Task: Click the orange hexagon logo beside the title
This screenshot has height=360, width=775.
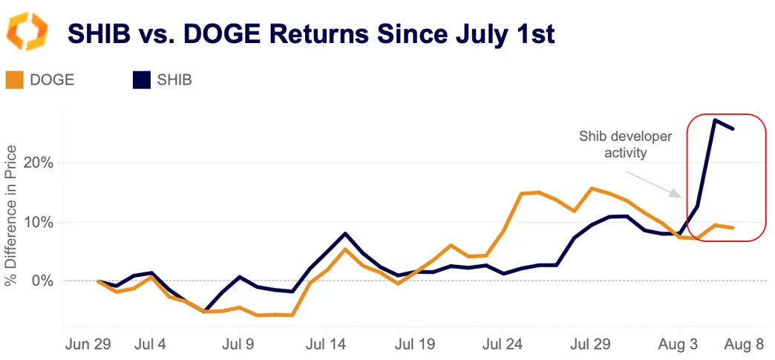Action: [x=27, y=32]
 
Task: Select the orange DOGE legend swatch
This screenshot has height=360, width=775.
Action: [x=14, y=79]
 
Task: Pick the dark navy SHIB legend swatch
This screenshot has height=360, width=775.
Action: [x=142, y=79]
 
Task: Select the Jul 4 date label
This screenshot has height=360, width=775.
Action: [x=151, y=344]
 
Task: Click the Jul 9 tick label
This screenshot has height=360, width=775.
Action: [x=239, y=344]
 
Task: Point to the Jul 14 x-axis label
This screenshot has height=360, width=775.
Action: [x=327, y=344]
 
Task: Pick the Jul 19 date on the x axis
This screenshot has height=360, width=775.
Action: [x=415, y=344]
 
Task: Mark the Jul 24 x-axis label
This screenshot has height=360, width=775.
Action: [x=503, y=344]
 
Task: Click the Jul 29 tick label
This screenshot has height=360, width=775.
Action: [x=591, y=344]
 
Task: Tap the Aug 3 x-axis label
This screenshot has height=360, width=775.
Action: [x=678, y=344]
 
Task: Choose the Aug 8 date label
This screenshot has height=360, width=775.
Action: [x=745, y=344]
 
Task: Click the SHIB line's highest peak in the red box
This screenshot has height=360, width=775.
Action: [x=715, y=120]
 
